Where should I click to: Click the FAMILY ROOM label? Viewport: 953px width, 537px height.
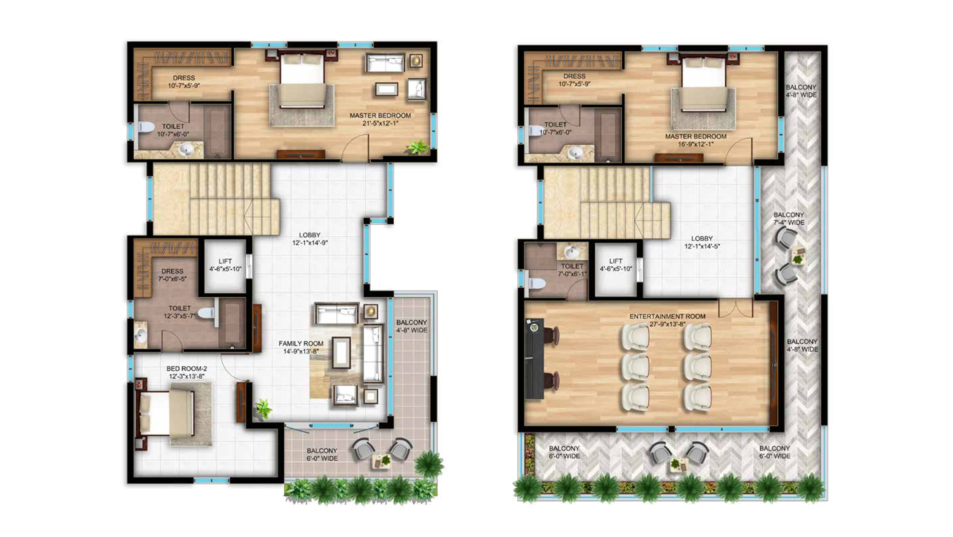click(301, 343)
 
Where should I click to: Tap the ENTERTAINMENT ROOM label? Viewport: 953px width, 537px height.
click(667, 316)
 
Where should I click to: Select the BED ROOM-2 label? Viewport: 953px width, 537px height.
click(187, 368)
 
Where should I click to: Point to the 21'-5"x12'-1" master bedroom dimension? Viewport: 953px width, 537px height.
click(380, 123)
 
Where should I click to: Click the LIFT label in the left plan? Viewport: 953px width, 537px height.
click(225, 261)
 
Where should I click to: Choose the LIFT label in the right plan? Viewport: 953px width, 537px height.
click(616, 261)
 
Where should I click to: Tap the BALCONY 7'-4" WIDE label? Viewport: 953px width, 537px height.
click(789, 219)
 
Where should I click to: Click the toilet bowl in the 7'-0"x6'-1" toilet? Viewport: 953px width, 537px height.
click(536, 284)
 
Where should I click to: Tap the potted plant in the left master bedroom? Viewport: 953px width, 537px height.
click(418, 147)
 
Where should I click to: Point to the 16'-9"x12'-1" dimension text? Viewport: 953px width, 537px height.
click(696, 144)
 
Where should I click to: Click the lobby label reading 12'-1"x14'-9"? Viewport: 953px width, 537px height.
click(310, 243)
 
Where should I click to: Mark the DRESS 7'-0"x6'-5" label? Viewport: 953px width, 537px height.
click(172, 275)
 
